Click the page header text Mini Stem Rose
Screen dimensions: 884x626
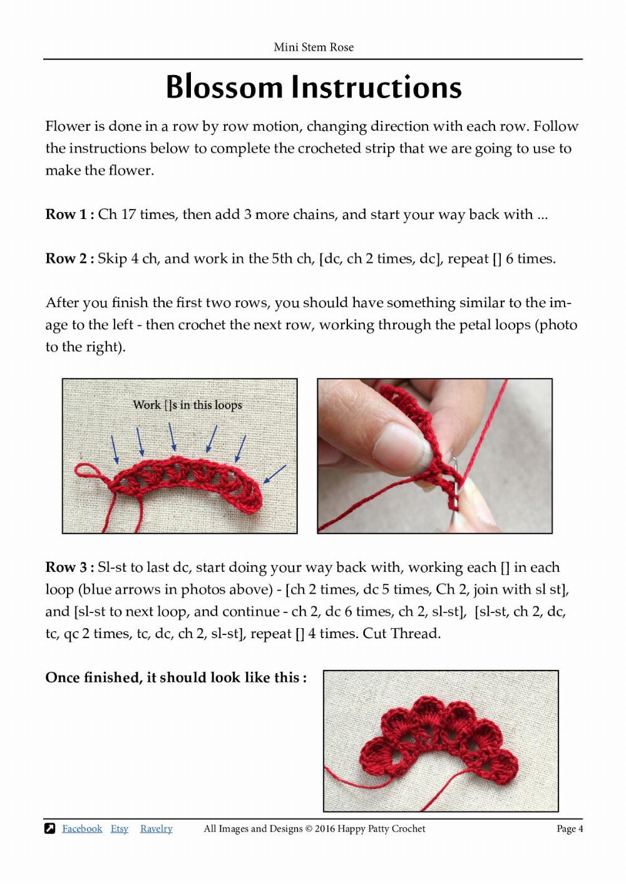click(x=313, y=47)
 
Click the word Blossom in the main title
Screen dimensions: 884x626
click(x=224, y=87)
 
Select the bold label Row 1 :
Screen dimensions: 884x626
click(x=69, y=215)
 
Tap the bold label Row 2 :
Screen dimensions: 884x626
click(x=69, y=258)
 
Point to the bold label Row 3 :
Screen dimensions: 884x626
click(x=69, y=567)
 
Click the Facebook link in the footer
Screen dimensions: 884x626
click(x=82, y=828)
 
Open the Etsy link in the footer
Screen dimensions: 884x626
click(x=119, y=828)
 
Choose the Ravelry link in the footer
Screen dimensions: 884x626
click(x=156, y=828)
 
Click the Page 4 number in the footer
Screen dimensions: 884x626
click(x=570, y=828)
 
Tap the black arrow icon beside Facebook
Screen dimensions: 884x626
click(x=50, y=828)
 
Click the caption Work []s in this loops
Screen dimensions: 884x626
click(x=187, y=405)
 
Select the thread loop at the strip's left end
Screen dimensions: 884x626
click(x=86, y=470)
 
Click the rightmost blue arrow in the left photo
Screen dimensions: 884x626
click(x=274, y=474)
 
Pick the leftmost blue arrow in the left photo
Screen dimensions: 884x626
click(x=114, y=449)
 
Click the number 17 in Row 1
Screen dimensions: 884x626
click(x=128, y=215)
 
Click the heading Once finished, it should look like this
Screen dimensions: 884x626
click(x=175, y=678)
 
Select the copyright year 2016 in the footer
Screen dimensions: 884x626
click(x=324, y=828)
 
